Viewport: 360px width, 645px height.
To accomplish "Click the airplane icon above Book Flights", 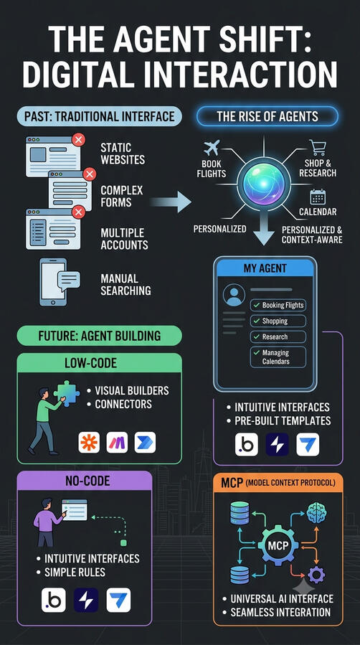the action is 212,148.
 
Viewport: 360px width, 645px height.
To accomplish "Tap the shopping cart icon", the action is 318,148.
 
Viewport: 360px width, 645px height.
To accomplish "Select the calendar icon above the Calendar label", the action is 318,197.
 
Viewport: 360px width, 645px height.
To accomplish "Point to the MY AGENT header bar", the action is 265,270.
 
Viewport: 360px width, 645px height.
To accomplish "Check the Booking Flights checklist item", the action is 278,305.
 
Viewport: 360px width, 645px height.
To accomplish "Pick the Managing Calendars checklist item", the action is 278,357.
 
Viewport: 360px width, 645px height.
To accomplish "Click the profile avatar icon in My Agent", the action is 234,295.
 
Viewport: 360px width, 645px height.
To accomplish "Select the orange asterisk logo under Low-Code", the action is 89,443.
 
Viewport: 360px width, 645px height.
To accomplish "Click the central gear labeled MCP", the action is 278,546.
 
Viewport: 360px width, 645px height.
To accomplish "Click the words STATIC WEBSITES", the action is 123,154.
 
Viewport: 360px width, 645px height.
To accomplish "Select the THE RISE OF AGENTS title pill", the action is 267,116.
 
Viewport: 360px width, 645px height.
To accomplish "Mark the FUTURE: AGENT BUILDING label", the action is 99,336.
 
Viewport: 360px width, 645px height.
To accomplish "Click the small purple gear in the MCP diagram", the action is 316,574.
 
